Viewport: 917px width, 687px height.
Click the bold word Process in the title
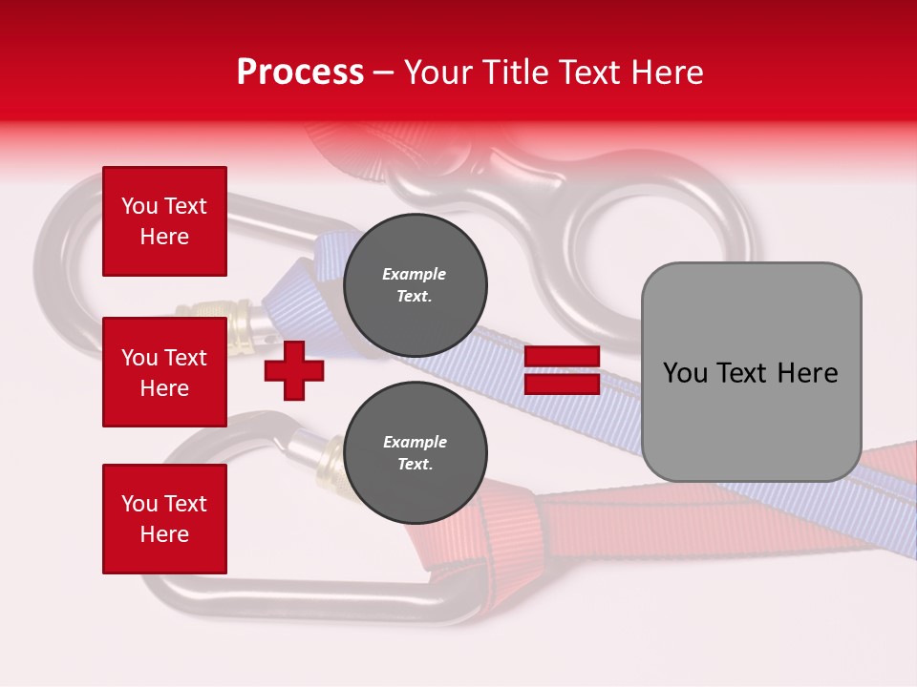coord(300,73)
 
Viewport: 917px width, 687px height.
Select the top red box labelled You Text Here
coord(164,221)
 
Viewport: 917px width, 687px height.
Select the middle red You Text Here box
coord(164,372)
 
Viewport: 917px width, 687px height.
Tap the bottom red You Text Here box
coord(164,519)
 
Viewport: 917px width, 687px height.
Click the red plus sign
coord(294,370)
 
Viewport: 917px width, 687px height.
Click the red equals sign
coord(562,370)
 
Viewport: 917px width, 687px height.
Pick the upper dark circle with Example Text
coord(415,285)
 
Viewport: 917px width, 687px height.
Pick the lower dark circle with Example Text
coord(415,453)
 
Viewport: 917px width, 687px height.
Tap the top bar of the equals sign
coord(562,357)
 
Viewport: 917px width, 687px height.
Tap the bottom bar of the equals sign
coord(562,385)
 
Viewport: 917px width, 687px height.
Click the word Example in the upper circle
coord(415,274)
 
